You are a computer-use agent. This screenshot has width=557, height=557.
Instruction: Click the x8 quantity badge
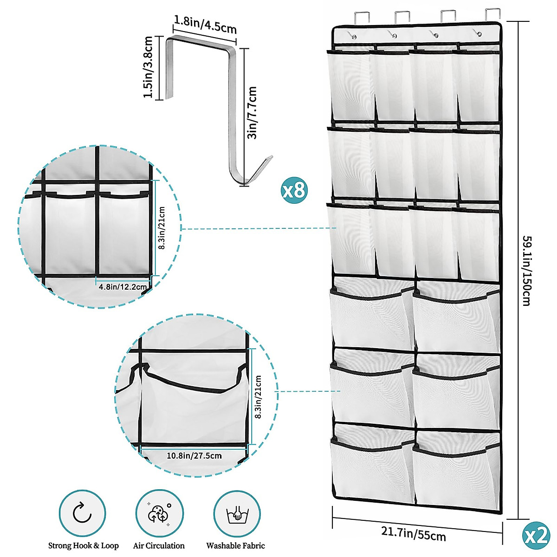pyautogui.click(x=294, y=190)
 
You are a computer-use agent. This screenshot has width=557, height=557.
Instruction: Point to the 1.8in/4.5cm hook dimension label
pyautogui.click(x=205, y=24)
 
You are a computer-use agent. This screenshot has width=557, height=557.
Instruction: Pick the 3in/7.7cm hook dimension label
pyautogui.click(x=252, y=112)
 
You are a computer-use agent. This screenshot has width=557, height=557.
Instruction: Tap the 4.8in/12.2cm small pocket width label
pyautogui.click(x=123, y=287)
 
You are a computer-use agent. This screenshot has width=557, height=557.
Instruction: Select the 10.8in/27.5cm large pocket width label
pyautogui.click(x=194, y=455)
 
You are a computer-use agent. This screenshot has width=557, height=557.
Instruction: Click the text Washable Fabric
pyautogui.click(x=236, y=546)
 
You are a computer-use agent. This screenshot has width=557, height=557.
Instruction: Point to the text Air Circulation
pyautogui.click(x=159, y=546)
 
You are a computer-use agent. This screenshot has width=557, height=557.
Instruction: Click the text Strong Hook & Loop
pyautogui.click(x=84, y=546)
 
